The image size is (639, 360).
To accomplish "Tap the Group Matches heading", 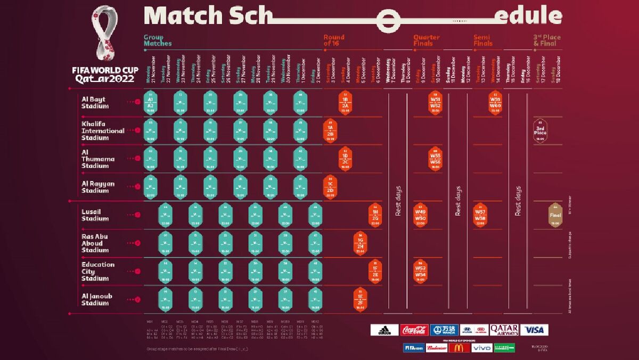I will [158, 40].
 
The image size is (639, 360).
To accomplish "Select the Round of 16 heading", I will [334, 40].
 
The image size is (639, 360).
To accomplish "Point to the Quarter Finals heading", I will [427, 40].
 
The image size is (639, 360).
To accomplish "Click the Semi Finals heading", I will [483, 40].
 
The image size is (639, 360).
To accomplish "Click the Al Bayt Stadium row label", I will [95, 102].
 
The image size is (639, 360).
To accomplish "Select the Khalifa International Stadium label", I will [103, 131].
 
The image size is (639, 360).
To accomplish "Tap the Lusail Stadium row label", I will [95, 215].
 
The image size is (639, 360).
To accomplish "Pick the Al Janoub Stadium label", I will [96, 300].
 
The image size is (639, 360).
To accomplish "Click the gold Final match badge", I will [555, 215].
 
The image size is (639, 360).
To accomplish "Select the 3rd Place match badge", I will [540, 130].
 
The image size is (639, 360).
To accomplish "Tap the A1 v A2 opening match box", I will [150, 103].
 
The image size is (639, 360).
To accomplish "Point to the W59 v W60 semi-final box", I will [496, 103].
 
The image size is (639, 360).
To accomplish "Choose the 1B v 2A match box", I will [345, 103].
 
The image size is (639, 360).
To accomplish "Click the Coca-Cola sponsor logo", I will [414, 330].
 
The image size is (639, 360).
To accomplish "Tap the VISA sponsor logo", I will [534, 330].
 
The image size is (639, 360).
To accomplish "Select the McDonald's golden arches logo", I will [459, 348].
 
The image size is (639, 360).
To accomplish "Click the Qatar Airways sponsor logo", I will [504, 330].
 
